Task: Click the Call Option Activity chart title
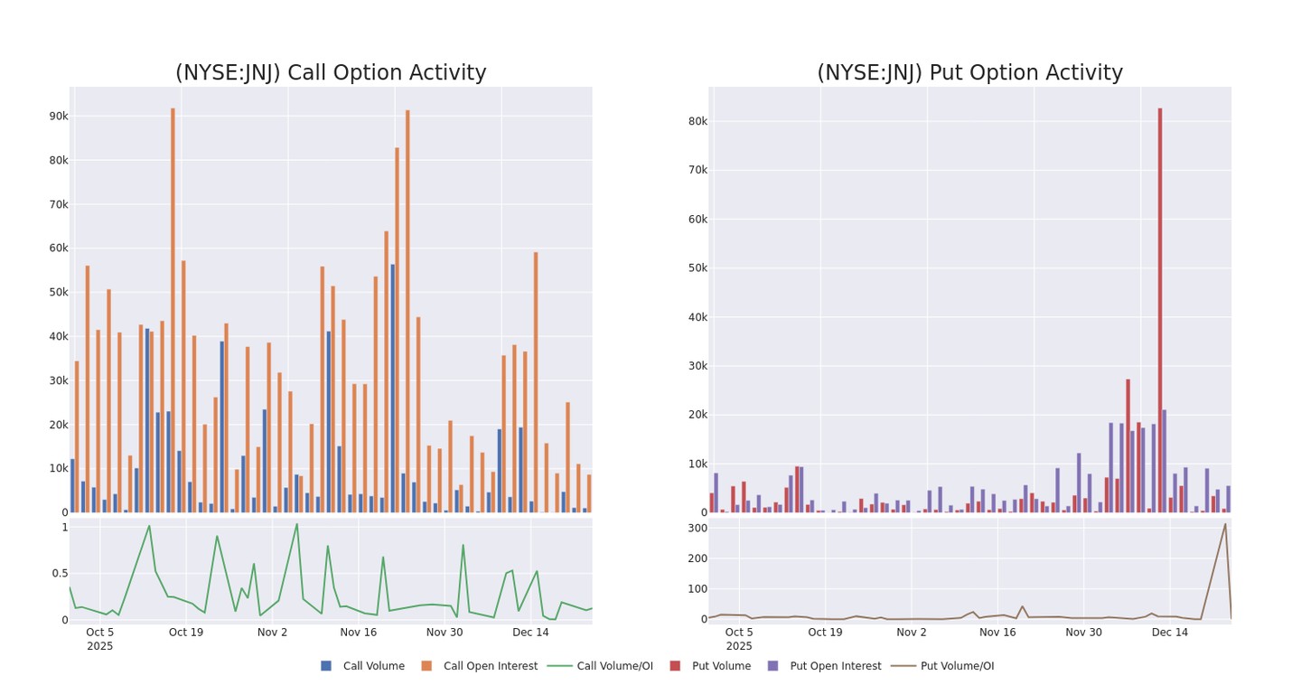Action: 331,73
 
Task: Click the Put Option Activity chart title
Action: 969,73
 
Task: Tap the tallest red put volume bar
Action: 1160,307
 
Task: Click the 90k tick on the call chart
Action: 59,117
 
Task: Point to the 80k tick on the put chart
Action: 697,121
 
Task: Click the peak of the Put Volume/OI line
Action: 1225,524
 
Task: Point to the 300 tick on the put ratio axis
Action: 696,528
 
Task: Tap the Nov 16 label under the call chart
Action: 358,633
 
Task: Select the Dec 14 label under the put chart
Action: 1169,633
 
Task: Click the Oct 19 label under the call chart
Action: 186,633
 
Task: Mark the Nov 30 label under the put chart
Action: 1083,633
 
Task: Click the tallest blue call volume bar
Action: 392,389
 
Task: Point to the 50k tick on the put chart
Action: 697,268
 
